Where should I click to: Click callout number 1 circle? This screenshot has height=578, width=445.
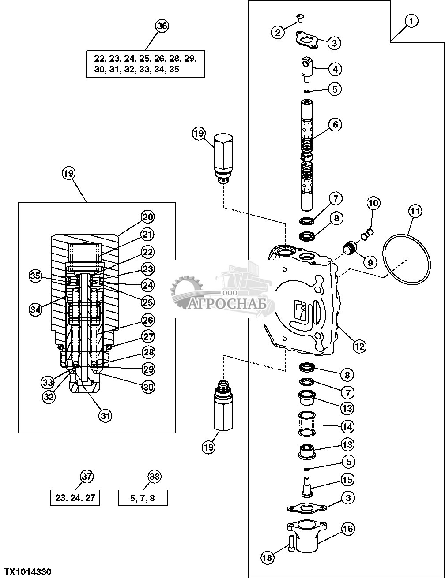[x=411, y=21]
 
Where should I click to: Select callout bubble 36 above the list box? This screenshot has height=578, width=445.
[x=162, y=26]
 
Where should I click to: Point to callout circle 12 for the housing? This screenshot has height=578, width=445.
[x=359, y=346]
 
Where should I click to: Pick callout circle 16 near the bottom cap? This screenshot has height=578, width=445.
[x=348, y=529]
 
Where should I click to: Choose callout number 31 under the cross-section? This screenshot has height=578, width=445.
[x=105, y=415]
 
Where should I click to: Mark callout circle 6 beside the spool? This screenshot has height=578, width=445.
[x=335, y=125]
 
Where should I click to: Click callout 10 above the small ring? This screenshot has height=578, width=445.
[x=373, y=203]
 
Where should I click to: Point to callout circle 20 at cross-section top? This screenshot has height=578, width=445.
[x=147, y=216]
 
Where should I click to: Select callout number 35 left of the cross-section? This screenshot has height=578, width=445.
[x=35, y=276]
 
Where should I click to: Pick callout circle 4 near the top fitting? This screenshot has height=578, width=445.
[x=335, y=69]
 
